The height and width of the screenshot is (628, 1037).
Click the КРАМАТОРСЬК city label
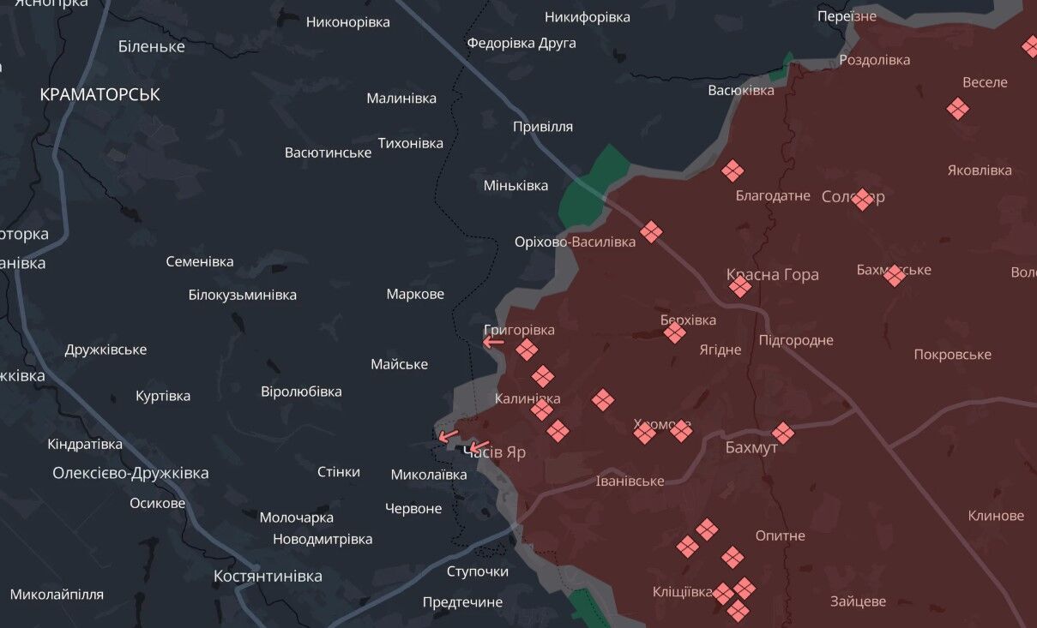coord(99,94)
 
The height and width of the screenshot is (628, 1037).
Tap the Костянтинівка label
coord(268,576)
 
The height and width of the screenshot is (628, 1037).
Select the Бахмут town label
coord(751,447)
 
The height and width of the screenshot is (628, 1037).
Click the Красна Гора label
coord(772,274)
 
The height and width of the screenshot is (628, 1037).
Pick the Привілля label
coord(542,127)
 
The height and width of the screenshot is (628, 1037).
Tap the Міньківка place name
coord(515,185)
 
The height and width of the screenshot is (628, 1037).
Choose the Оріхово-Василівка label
coord(575,242)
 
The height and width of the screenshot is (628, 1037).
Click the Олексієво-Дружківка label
coord(130,473)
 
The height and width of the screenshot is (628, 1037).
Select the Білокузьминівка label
coord(242,295)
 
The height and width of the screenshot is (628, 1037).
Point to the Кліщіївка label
coord(682,592)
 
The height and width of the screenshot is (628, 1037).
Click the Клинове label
coord(996,516)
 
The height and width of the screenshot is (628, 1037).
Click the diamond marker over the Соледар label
coord(862,199)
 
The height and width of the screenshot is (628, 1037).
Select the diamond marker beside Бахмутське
coord(895,275)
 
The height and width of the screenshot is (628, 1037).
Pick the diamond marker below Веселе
coord(958,109)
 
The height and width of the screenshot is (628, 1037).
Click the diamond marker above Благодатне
coord(732,170)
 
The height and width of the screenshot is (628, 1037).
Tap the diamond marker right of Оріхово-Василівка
coord(651,231)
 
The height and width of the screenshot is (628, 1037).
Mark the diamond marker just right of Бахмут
coord(782,433)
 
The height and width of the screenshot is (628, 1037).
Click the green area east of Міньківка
coord(592,184)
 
